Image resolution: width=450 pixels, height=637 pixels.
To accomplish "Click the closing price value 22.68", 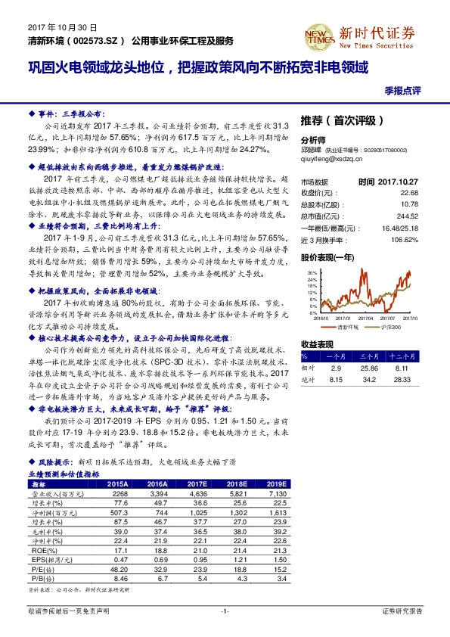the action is [x=422, y=193].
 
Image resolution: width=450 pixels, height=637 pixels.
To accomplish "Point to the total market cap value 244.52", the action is [x=421, y=214].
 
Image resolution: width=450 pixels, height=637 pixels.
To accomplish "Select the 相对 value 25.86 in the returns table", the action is [x=369, y=366].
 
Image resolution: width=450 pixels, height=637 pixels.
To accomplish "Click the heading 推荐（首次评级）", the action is [x=343, y=120].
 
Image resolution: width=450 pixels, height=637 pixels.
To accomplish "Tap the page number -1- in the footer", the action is [x=225, y=610].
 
